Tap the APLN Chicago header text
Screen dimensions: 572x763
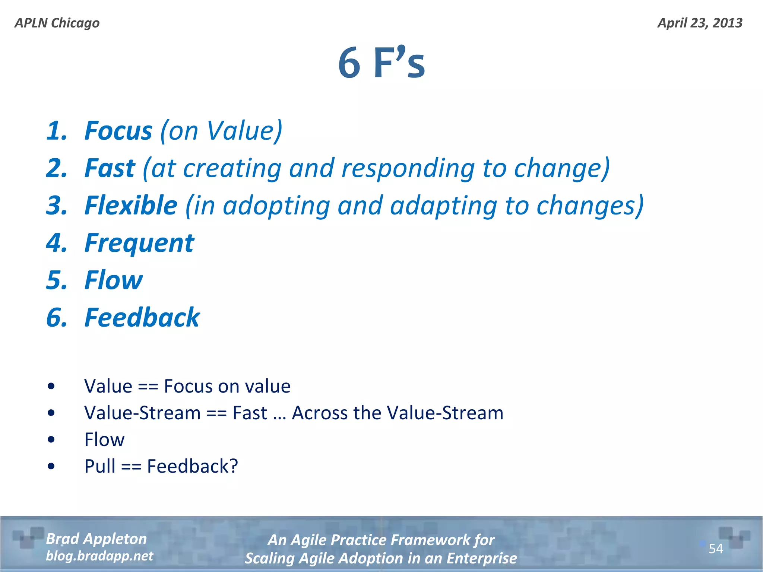tap(57, 23)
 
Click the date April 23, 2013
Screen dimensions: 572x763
tap(700, 23)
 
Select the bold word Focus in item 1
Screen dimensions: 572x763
tap(118, 131)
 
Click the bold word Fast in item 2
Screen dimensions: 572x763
tap(110, 168)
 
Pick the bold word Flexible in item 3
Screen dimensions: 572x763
tap(131, 206)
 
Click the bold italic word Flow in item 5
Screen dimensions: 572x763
tap(113, 280)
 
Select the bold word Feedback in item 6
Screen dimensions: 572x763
tap(142, 318)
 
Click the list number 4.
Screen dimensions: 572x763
tap(56, 243)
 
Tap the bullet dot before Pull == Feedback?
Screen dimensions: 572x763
tap(51, 466)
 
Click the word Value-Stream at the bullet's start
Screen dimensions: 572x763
tap(142, 413)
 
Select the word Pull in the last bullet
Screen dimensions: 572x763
tap(99, 466)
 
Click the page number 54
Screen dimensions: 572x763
tap(716, 549)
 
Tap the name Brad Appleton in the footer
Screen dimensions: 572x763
tap(96, 539)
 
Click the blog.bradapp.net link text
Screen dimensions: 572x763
tap(99, 556)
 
